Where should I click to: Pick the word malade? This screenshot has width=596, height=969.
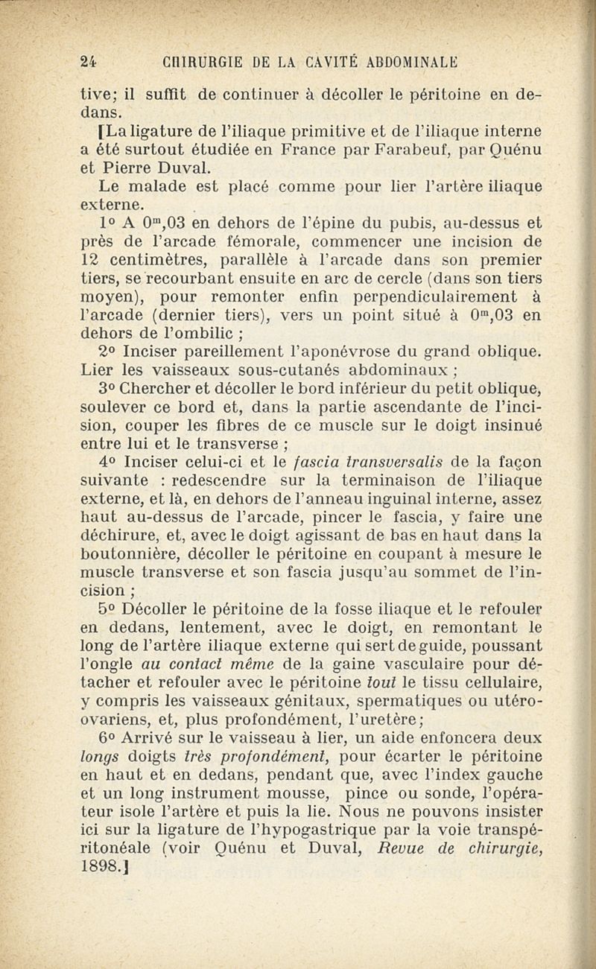pos(165,185)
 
